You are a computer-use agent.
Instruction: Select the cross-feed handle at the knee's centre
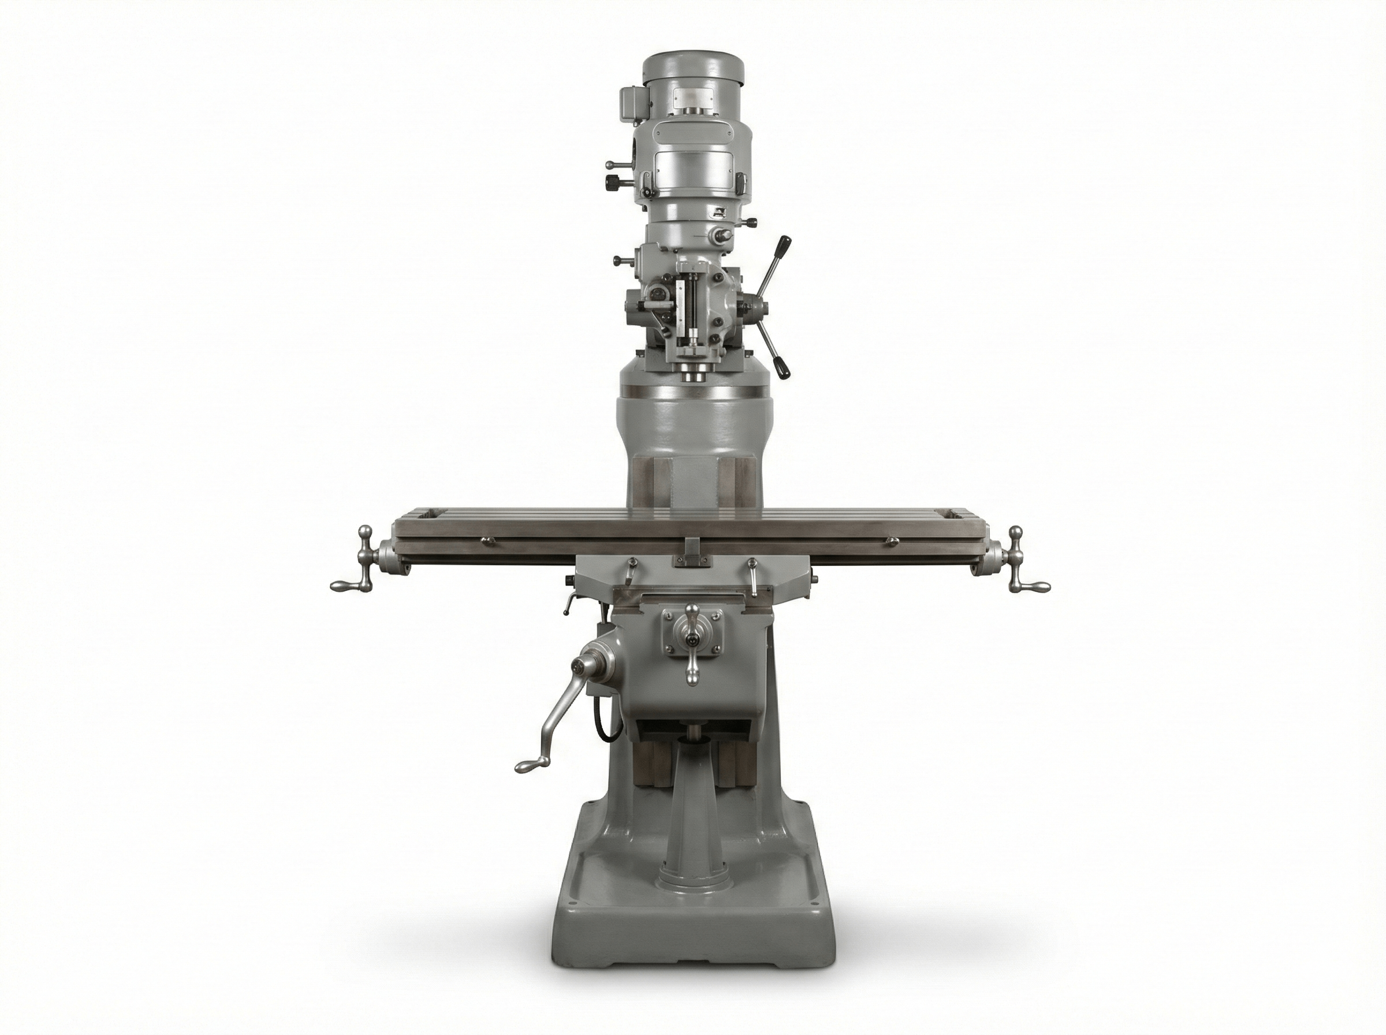click(692, 639)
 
